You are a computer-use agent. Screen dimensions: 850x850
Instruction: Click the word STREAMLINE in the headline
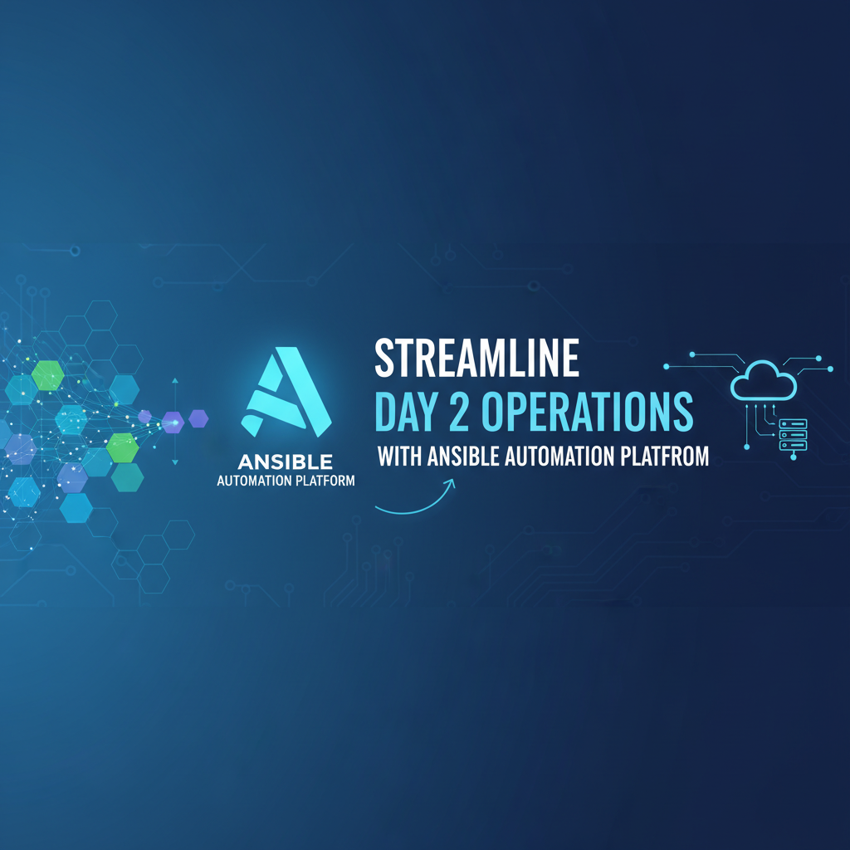476,359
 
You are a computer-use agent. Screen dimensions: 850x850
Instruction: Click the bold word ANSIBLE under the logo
285,461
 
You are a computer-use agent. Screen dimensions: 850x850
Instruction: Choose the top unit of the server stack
793,423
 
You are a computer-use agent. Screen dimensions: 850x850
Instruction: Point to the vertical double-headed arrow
175,421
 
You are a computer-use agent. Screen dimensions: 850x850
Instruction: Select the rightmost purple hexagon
198,419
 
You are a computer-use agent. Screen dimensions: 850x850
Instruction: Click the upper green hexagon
48,375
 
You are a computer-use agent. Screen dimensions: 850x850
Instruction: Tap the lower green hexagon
124,447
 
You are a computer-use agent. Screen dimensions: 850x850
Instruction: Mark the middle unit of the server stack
793,434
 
